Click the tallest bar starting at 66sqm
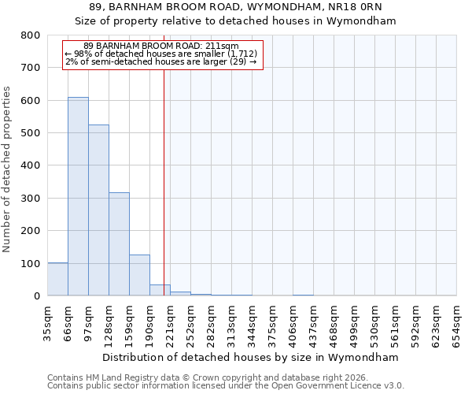(78, 197)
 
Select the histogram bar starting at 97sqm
(98, 210)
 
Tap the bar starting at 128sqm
(119, 244)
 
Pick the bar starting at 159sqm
(139, 275)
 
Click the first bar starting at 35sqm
(57, 279)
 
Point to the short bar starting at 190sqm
(160, 290)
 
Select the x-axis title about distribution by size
(252, 357)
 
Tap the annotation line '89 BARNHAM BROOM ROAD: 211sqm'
(160, 46)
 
